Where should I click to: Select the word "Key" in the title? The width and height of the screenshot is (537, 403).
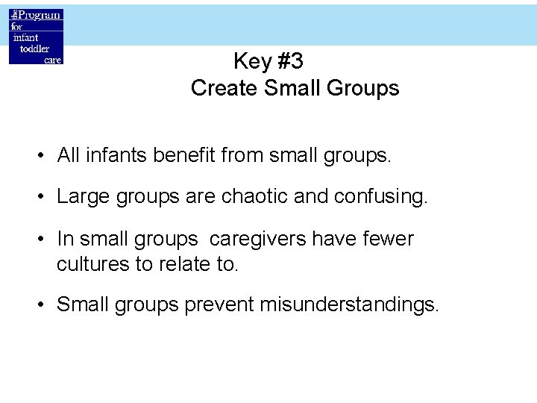(251, 61)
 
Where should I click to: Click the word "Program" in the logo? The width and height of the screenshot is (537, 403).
(40, 16)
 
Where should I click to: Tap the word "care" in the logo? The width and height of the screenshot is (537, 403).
(52, 59)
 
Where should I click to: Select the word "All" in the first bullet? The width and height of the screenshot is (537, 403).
(68, 155)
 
